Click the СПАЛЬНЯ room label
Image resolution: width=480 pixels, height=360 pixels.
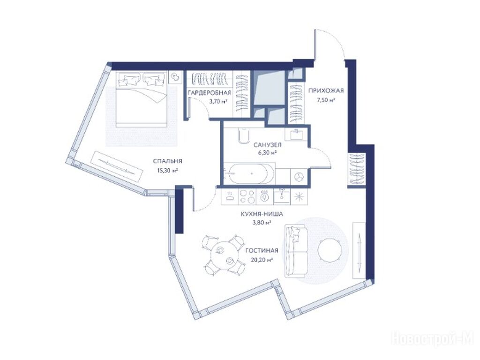pos(167,161)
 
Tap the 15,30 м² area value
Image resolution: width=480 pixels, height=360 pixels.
pos(168,171)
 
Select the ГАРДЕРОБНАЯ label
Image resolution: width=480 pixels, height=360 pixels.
pos(210,93)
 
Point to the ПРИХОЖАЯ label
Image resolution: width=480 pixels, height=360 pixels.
pos(326,90)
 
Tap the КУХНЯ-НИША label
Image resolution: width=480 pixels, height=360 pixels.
pos(262,214)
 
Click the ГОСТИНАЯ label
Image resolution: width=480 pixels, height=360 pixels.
pos(262,251)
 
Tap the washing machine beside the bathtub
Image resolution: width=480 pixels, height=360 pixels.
pos(298,176)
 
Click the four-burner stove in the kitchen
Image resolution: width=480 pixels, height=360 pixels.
pos(247,196)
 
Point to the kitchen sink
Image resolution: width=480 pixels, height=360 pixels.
pos(282,196)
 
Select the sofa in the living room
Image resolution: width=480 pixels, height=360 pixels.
pos(296,251)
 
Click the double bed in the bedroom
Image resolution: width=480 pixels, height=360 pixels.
pos(142,99)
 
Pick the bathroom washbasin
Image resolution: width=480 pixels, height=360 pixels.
pos(296,134)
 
